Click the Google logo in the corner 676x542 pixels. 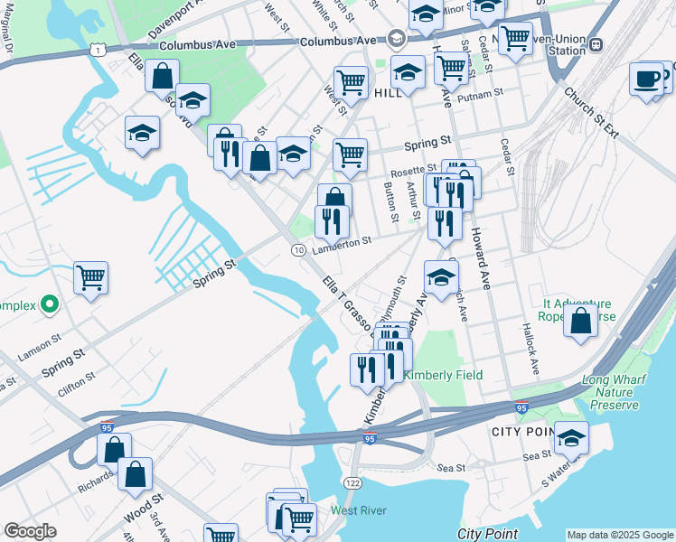(x=30, y=531)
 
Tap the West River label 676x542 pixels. (x=358, y=510)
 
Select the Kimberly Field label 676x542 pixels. (x=443, y=375)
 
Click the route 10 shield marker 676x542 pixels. (x=297, y=249)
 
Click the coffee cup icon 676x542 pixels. (x=647, y=79)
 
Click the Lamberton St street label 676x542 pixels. (x=343, y=242)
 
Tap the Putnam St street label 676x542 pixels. (x=480, y=95)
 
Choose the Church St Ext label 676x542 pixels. (x=592, y=112)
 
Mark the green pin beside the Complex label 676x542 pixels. (x=51, y=304)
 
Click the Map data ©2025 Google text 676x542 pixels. (x=620, y=535)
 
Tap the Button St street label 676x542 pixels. (x=391, y=201)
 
